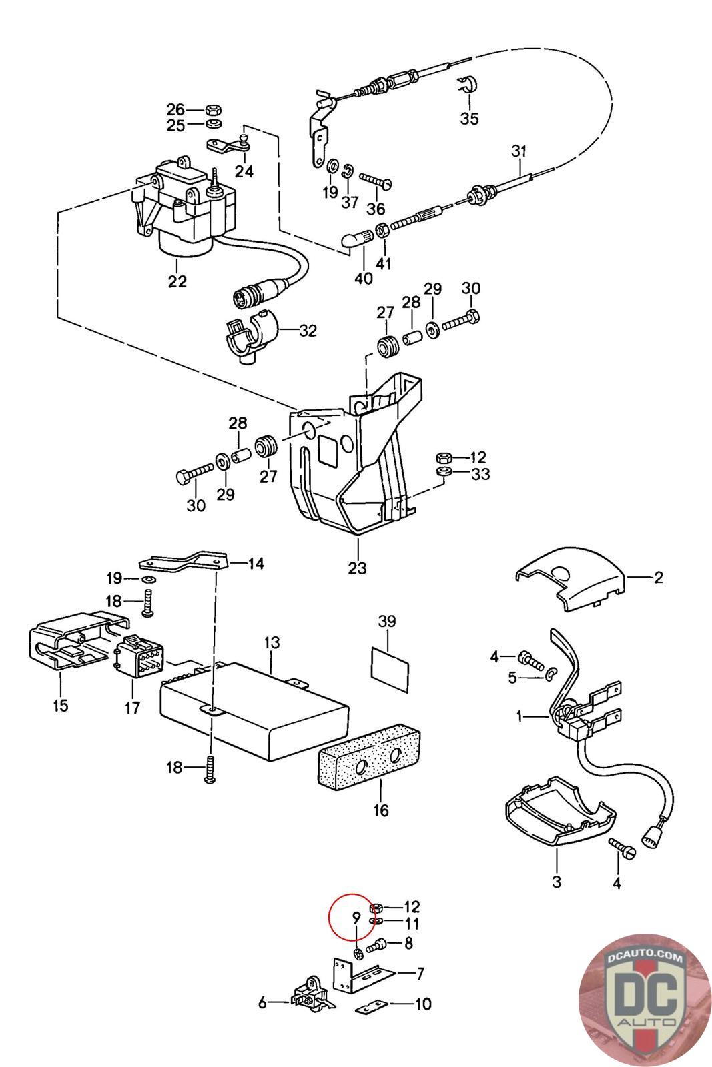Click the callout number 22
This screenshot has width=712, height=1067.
coord(177,281)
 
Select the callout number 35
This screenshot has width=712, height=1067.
coord(469,119)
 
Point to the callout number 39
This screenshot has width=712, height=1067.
coord(387,621)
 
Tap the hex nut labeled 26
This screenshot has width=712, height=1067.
coord(214,109)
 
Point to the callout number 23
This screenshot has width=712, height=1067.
coord(358,568)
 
